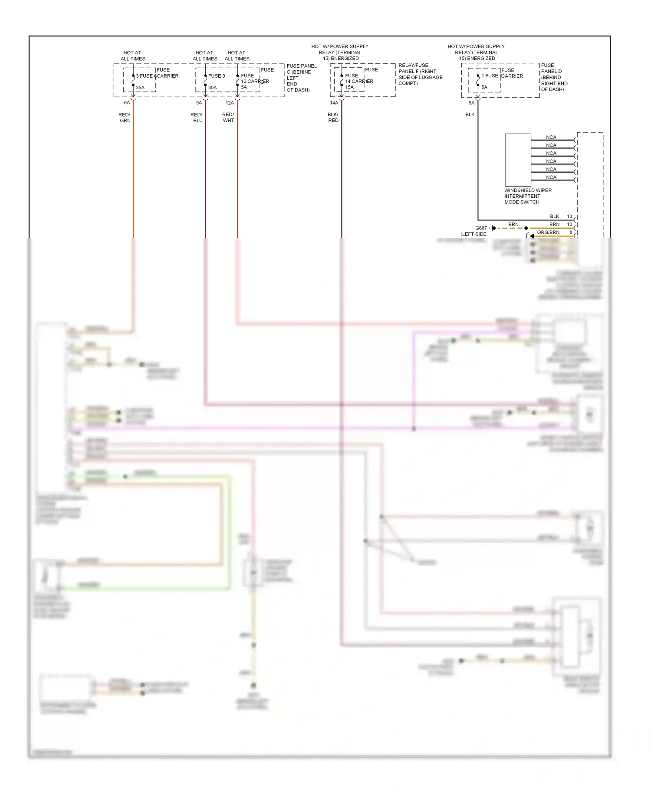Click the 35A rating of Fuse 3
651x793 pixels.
tap(140, 88)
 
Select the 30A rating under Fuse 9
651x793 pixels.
tap(212, 88)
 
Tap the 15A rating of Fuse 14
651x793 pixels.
tap(349, 87)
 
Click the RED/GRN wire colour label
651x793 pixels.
tap(125, 118)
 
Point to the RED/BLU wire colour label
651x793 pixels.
tap(197, 118)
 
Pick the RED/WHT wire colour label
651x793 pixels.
tap(228, 118)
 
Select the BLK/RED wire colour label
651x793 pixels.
tap(333, 118)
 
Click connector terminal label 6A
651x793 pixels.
tap(127, 103)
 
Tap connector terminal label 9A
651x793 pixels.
tap(199, 103)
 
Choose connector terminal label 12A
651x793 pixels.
tap(230, 103)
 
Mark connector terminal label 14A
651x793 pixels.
tap(334, 103)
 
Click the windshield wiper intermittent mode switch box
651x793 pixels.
tap(518, 160)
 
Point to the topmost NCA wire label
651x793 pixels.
tap(551, 137)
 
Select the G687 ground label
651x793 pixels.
tap(481, 228)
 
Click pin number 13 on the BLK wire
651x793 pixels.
tap(569, 216)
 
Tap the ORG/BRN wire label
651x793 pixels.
tap(548, 233)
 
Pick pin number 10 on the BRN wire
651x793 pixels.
tap(569, 224)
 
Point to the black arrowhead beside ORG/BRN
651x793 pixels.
tap(532, 236)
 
